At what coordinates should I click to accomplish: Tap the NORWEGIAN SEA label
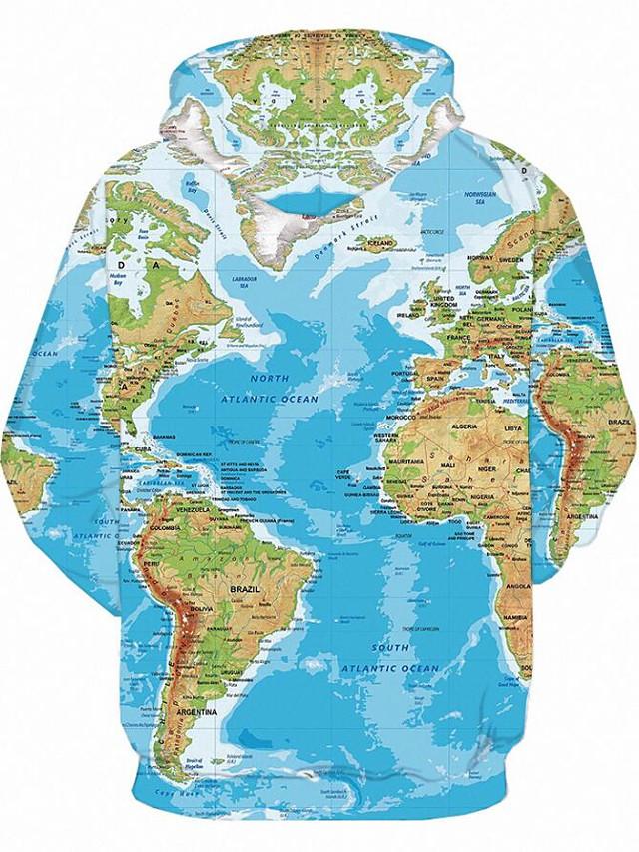[479, 199]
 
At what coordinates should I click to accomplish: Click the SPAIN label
[434, 380]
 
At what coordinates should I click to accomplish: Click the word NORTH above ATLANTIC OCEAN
[270, 380]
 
